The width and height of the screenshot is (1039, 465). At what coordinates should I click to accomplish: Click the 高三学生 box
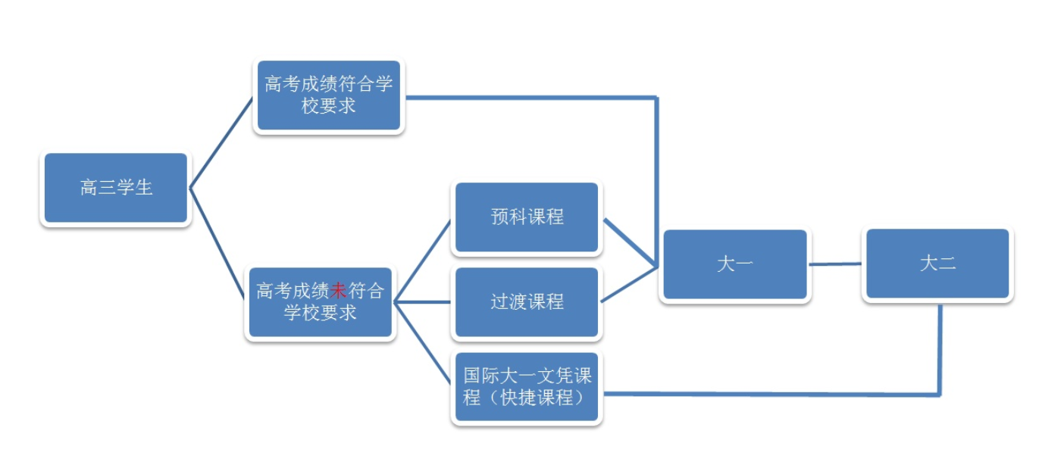pyautogui.click(x=115, y=188)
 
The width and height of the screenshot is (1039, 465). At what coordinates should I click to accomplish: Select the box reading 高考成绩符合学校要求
pyautogui.click(x=328, y=95)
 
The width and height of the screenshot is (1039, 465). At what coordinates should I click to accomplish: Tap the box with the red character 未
pyautogui.click(x=320, y=301)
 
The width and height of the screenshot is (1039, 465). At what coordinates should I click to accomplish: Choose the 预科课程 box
pyautogui.click(x=526, y=217)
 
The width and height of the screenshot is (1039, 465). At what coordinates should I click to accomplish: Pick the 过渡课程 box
pyautogui.click(x=526, y=301)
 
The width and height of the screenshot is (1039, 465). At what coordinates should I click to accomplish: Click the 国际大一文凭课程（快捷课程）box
pyautogui.click(x=526, y=386)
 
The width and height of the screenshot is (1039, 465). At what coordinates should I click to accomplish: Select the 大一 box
pyautogui.click(x=734, y=264)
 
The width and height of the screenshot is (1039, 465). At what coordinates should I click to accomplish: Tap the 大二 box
pyautogui.click(x=937, y=264)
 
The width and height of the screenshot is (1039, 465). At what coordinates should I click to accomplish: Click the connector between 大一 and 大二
pyautogui.click(x=835, y=264)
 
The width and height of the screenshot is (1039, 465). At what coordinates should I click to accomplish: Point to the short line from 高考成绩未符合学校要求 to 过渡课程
pyautogui.click(x=423, y=301)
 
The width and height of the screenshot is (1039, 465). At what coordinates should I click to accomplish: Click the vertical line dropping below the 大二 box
pyautogui.click(x=940, y=348)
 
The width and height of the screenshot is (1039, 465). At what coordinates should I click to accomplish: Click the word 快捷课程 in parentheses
pyautogui.click(x=537, y=397)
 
